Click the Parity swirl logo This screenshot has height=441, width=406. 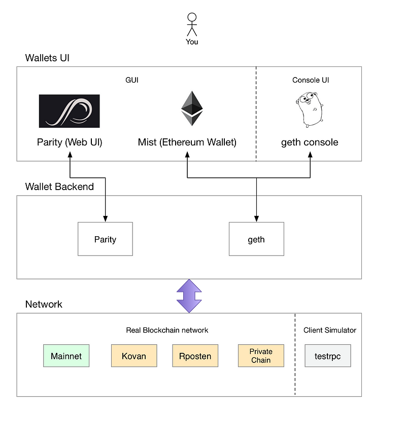70,111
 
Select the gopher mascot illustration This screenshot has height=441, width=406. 309,109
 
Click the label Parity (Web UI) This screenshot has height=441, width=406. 70,142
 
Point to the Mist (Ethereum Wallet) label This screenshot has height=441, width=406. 187,142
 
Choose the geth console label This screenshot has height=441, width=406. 310,142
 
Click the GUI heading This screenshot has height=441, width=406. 132,80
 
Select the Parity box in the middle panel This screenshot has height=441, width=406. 105,239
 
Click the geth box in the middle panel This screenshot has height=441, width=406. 256,239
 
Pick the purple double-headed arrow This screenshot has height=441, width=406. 189,296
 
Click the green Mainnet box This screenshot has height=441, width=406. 66,356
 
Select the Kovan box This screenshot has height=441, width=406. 134,356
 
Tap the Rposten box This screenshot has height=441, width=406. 195,356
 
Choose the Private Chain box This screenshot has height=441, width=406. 261,356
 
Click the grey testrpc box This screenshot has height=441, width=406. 327,356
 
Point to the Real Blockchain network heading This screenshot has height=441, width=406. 167,330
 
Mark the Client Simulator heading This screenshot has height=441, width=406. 330,330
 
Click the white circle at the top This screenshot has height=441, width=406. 192,17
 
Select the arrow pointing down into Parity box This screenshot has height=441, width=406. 105,208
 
